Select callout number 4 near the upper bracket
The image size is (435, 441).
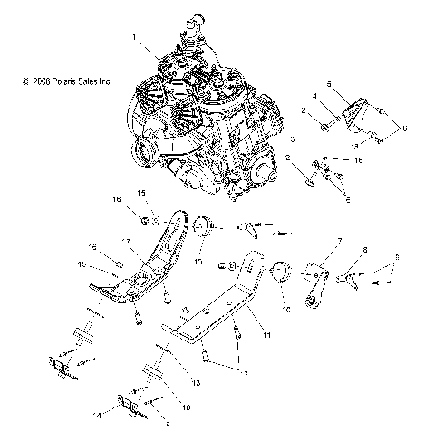pyautogui.click(x=314, y=95)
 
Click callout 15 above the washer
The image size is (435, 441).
pyautogui.click(x=140, y=193)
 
